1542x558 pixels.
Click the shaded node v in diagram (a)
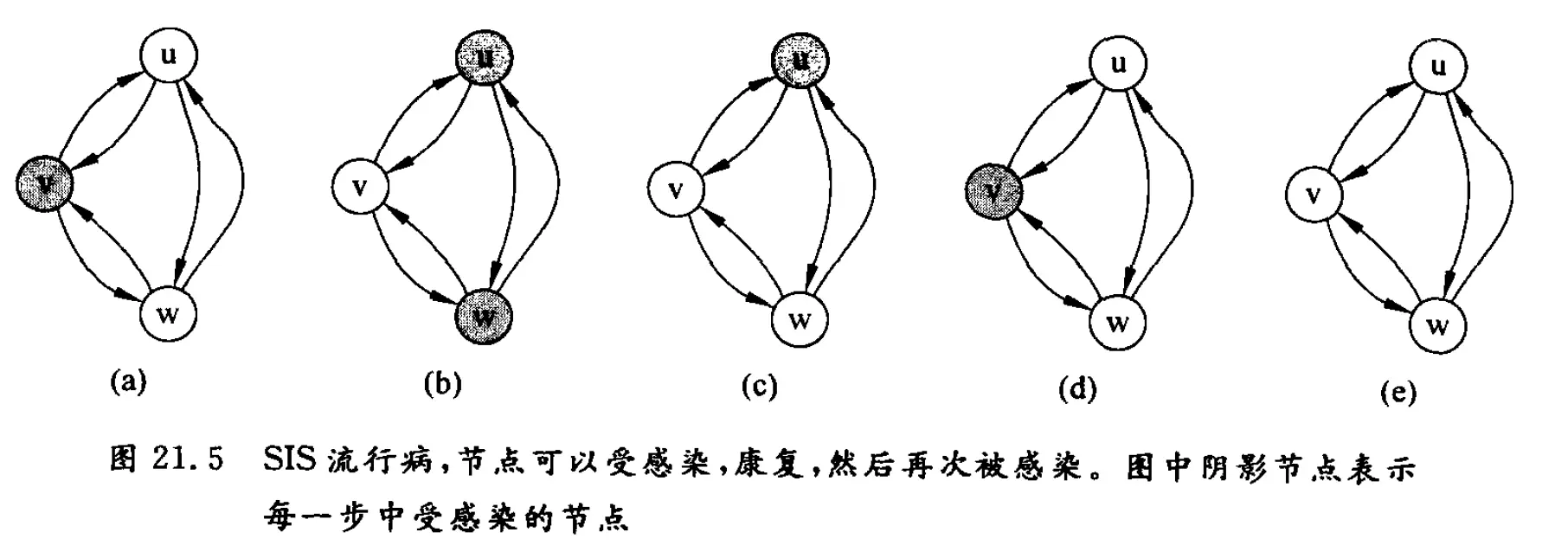[43, 183]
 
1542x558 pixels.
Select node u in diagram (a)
[169, 56]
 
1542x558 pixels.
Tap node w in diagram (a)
[168, 313]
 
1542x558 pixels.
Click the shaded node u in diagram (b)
[485, 59]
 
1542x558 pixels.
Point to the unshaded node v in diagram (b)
[360, 187]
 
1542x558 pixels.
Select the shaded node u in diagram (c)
[801, 61]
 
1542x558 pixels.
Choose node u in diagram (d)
[1118, 64]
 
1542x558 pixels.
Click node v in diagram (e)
[1312, 194]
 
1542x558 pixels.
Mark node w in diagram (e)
[1438, 325]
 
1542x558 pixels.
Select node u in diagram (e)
[1438, 67]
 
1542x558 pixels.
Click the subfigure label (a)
[128, 382]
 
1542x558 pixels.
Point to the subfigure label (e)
[1399, 392]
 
